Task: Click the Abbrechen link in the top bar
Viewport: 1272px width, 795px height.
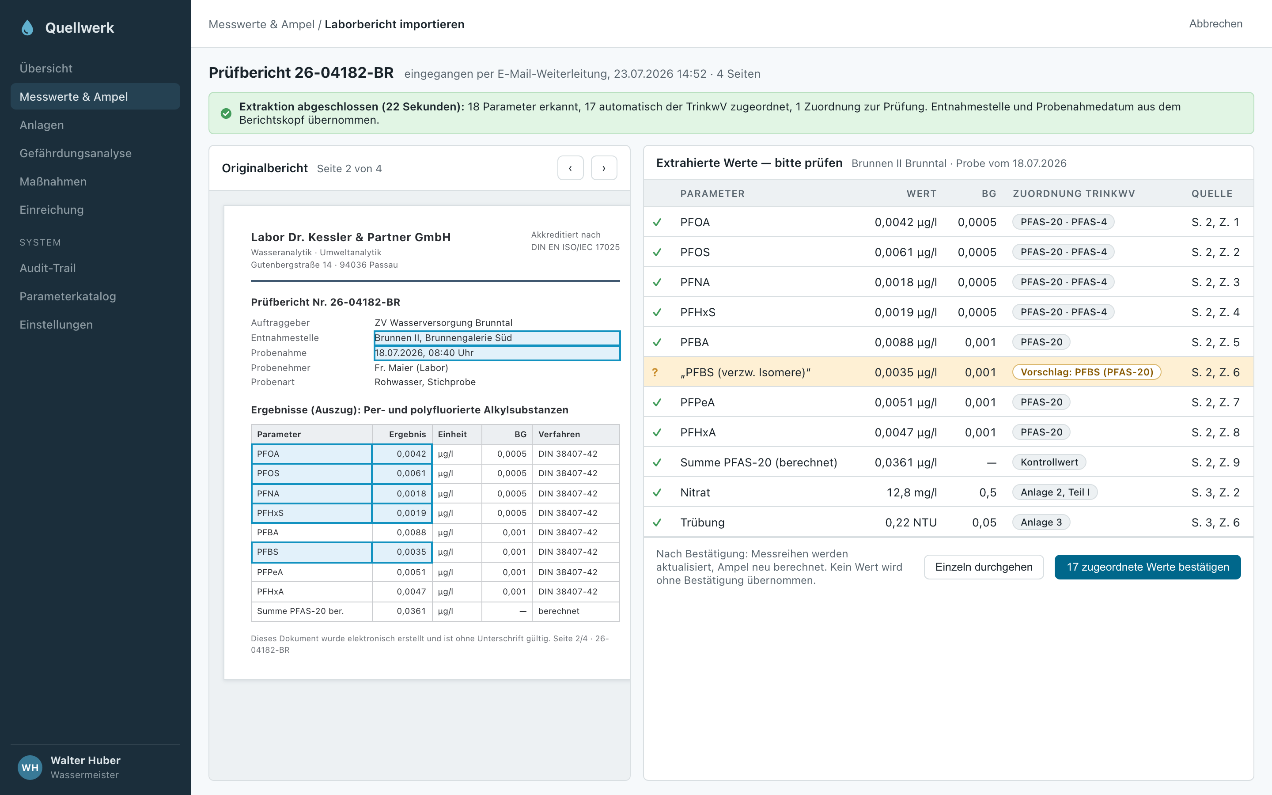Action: click(x=1215, y=24)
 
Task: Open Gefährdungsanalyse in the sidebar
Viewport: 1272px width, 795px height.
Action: click(x=75, y=153)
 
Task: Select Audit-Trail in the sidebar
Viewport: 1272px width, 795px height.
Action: click(x=47, y=268)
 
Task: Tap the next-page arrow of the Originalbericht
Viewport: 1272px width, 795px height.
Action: click(x=604, y=168)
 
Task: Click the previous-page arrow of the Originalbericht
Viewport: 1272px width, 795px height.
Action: click(x=570, y=168)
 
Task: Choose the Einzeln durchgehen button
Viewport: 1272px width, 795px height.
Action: click(x=984, y=567)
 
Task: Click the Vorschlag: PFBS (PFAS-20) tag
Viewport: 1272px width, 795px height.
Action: click(x=1086, y=372)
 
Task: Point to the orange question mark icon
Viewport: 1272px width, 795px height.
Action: click(x=655, y=372)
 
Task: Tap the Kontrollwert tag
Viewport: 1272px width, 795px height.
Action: click(x=1049, y=462)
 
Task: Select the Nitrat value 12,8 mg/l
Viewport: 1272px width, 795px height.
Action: click(x=912, y=492)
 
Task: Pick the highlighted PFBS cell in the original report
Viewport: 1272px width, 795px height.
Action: click(x=312, y=552)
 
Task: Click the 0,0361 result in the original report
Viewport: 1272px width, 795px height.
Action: click(x=411, y=611)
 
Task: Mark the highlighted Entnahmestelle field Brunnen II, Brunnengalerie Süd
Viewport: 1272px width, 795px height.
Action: click(x=497, y=338)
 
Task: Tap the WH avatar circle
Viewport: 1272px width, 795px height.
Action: click(x=30, y=768)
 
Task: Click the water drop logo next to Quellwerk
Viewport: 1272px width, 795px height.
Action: click(x=27, y=28)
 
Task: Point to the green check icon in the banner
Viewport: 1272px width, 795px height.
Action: click(x=226, y=114)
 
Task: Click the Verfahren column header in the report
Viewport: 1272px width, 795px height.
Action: click(x=559, y=434)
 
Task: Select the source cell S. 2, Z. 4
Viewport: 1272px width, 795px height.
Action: click(x=1215, y=312)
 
